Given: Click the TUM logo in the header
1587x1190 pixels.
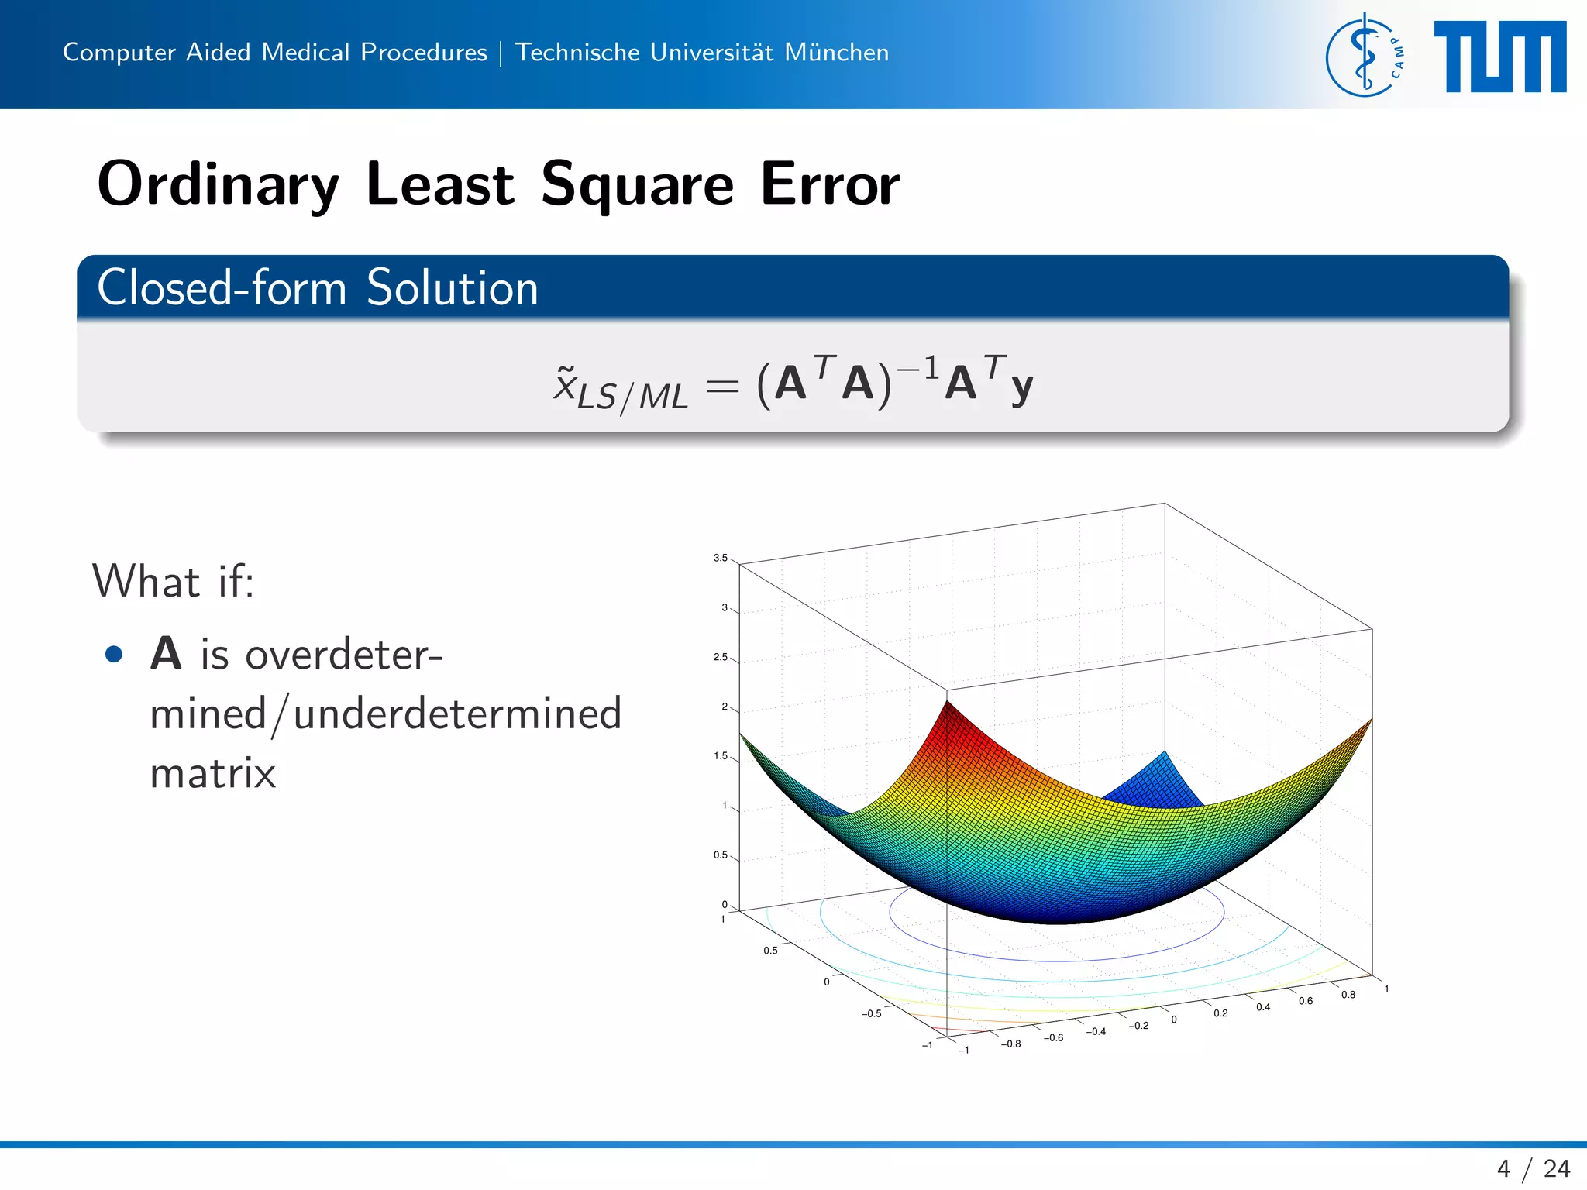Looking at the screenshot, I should (1499, 57).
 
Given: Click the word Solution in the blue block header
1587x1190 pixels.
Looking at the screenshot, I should (452, 288).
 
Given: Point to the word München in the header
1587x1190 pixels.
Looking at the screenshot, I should (836, 52).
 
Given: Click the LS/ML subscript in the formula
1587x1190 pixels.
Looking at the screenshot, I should (632, 397).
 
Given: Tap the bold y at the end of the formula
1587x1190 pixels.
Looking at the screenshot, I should (1021, 385).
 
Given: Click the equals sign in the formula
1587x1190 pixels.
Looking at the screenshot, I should (722, 385).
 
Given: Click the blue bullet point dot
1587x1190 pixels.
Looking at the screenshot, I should (114, 655).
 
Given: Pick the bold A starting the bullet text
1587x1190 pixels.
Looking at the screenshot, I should (166, 653).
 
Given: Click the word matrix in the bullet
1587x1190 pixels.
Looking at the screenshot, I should (212, 773).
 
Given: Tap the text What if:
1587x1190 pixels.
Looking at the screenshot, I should (173, 581).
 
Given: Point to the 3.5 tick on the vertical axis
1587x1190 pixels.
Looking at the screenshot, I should (720, 558).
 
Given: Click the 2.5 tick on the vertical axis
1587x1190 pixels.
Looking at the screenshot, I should (720, 657).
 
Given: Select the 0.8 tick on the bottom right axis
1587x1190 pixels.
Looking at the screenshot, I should (1348, 995).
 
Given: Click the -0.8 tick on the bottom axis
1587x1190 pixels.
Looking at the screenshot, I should (1010, 1044).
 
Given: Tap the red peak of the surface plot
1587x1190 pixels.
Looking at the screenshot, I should (947, 709).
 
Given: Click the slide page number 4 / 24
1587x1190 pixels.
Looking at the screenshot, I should (1534, 1168).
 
